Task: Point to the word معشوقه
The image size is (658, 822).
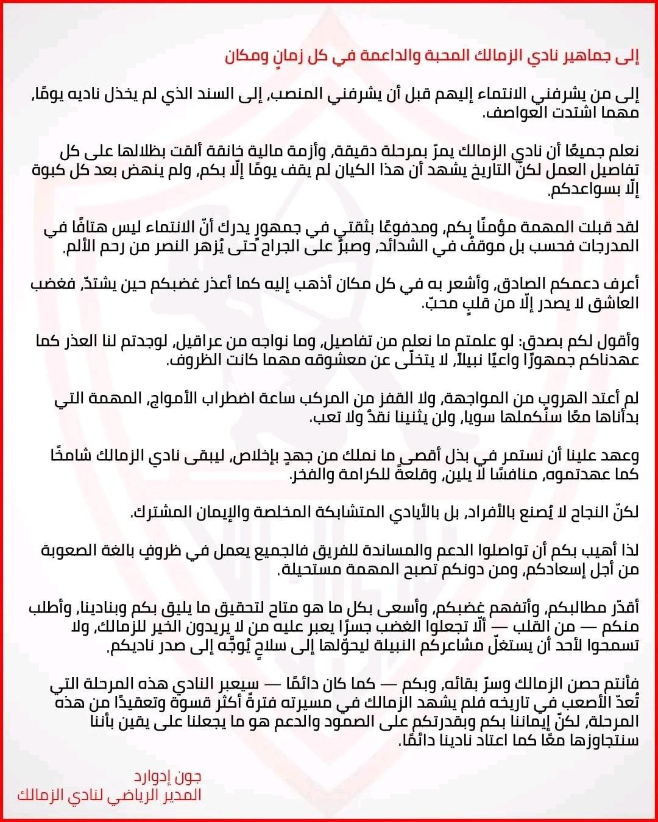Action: [299, 360]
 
